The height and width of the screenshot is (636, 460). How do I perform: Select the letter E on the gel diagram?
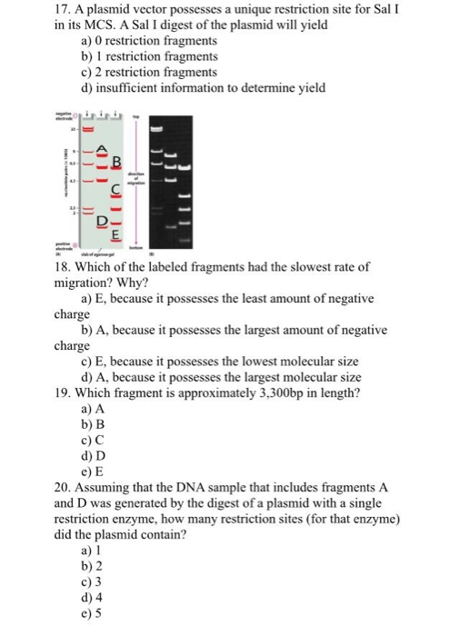115,234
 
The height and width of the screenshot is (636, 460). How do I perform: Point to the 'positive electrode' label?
65,246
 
